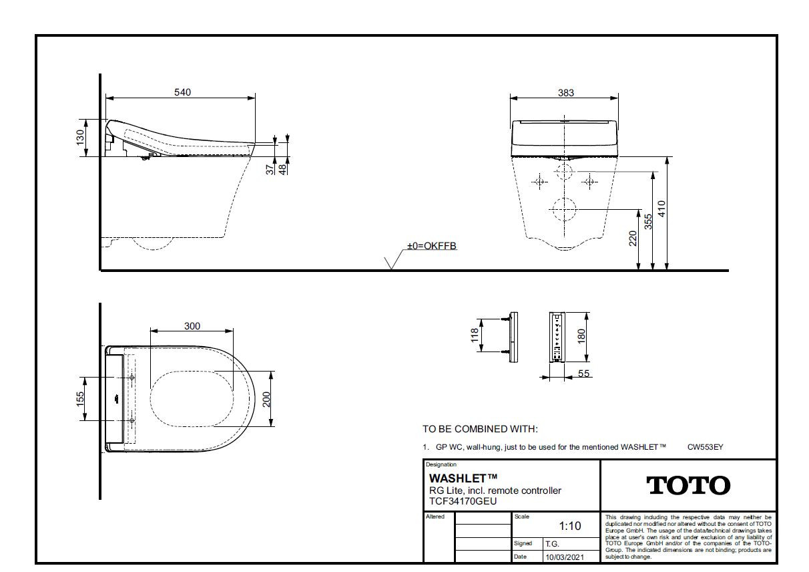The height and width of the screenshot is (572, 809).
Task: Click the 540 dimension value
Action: click(182, 92)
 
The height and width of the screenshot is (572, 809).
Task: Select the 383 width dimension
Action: click(565, 93)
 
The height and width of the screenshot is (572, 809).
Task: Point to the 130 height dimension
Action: click(80, 138)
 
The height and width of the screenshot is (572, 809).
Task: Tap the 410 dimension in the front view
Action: click(661, 209)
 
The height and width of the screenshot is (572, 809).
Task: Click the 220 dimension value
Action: click(633, 239)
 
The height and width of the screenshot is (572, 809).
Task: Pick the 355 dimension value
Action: click(648, 222)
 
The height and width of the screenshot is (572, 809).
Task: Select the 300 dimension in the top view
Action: click(192, 326)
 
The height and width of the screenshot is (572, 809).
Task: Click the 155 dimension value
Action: click(80, 399)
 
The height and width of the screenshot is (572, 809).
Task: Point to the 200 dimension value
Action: click(266, 399)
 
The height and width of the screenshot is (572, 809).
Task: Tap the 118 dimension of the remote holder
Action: click(475, 335)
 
